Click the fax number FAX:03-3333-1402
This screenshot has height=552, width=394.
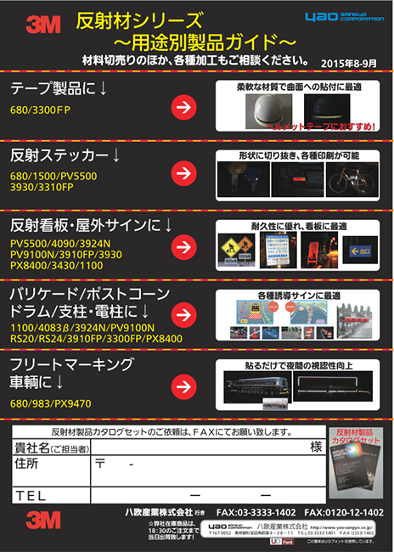pyautogui.click(x=256, y=514)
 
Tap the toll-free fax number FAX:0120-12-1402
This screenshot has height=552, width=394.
pyautogui.click(x=344, y=514)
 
